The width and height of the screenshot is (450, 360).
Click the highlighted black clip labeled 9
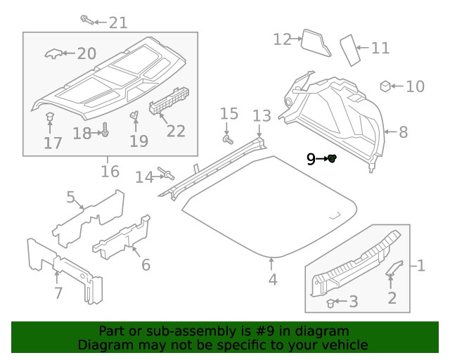[332, 159]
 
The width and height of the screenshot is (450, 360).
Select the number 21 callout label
[117, 22]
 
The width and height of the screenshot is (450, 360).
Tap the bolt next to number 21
[86, 19]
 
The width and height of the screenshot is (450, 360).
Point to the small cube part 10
[385, 86]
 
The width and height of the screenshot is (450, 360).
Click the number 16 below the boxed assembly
[110, 172]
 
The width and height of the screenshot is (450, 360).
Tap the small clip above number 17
[49, 116]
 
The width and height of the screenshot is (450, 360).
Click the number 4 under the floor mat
[272, 279]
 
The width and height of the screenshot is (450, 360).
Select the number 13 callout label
[262, 115]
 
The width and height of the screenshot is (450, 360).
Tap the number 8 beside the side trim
[403, 131]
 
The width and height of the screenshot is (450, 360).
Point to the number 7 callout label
[58, 292]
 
